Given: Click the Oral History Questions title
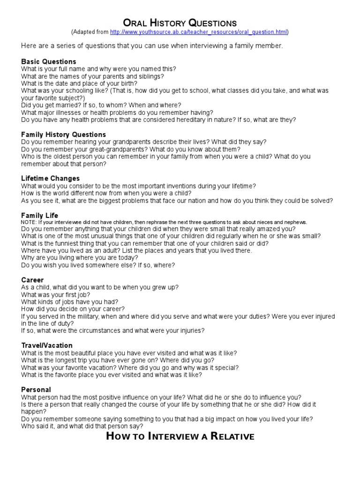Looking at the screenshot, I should [x=180, y=23].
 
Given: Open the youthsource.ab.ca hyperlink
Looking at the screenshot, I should [x=199, y=32].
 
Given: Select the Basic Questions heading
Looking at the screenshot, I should [x=49, y=61].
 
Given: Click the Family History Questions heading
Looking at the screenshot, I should [x=64, y=135].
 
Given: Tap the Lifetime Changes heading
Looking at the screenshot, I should [x=51, y=179].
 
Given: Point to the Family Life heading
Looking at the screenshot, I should [x=40, y=215].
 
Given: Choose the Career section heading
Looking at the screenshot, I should [x=32, y=280].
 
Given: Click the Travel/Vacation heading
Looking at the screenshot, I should [x=47, y=345].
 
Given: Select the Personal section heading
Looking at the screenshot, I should [x=36, y=390].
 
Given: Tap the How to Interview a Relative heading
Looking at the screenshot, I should [x=180, y=437].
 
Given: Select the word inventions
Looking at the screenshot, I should [x=187, y=186].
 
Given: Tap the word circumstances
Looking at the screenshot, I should [x=95, y=331].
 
